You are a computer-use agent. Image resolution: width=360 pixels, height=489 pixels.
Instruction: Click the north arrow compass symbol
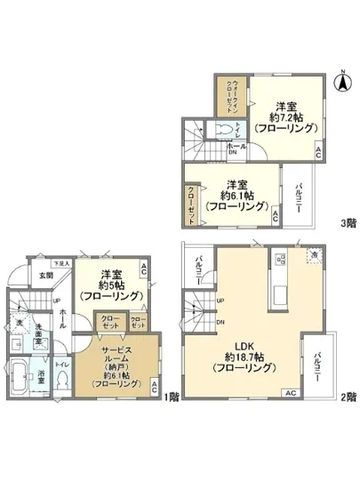[x=340, y=82]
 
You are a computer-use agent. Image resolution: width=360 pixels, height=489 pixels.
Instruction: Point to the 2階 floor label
[x=347, y=396]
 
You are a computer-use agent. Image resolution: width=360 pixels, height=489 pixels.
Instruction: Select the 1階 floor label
[x=169, y=396]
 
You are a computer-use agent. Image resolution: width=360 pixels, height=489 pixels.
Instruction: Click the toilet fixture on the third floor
[x=226, y=129]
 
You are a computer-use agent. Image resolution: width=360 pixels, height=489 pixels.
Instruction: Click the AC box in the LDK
[x=289, y=392]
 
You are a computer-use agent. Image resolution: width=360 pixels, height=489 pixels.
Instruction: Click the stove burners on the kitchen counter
[x=280, y=260]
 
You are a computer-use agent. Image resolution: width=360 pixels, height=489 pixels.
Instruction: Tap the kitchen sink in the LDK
[x=280, y=293]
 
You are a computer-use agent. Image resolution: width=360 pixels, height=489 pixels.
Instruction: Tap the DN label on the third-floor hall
[x=233, y=152]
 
